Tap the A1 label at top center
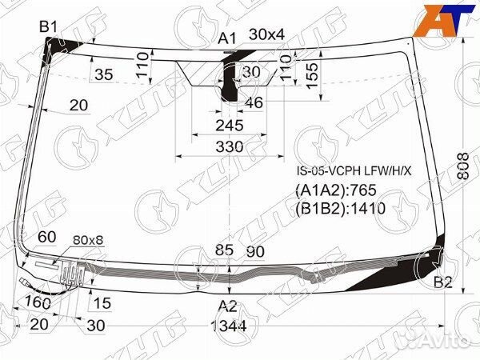(228, 38)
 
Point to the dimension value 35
(103, 75)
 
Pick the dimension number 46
(254, 102)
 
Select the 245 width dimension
(229, 125)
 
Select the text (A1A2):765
(336, 190)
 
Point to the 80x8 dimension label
(88, 239)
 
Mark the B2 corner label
(443, 282)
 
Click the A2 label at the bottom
(228, 306)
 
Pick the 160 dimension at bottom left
(37, 302)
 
